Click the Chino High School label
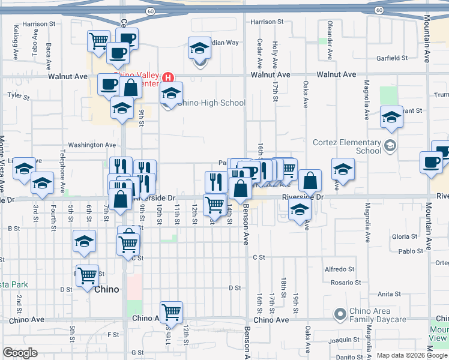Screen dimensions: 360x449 tap(211, 103)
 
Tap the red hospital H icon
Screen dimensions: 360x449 tap(169, 77)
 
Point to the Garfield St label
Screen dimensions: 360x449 tap(392, 58)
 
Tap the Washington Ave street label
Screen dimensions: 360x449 tap(92, 145)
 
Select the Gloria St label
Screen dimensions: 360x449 tap(400, 237)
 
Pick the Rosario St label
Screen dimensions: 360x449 tap(345, 282)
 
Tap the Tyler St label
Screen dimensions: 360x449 tap(19, 95)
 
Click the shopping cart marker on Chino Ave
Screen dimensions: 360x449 tap(172, 311)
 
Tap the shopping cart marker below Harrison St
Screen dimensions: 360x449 tap(98, 41)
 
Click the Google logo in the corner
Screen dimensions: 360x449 tap(20, 352)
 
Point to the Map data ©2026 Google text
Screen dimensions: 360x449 tap(412, 355)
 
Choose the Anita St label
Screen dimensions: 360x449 tap(389, 294)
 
